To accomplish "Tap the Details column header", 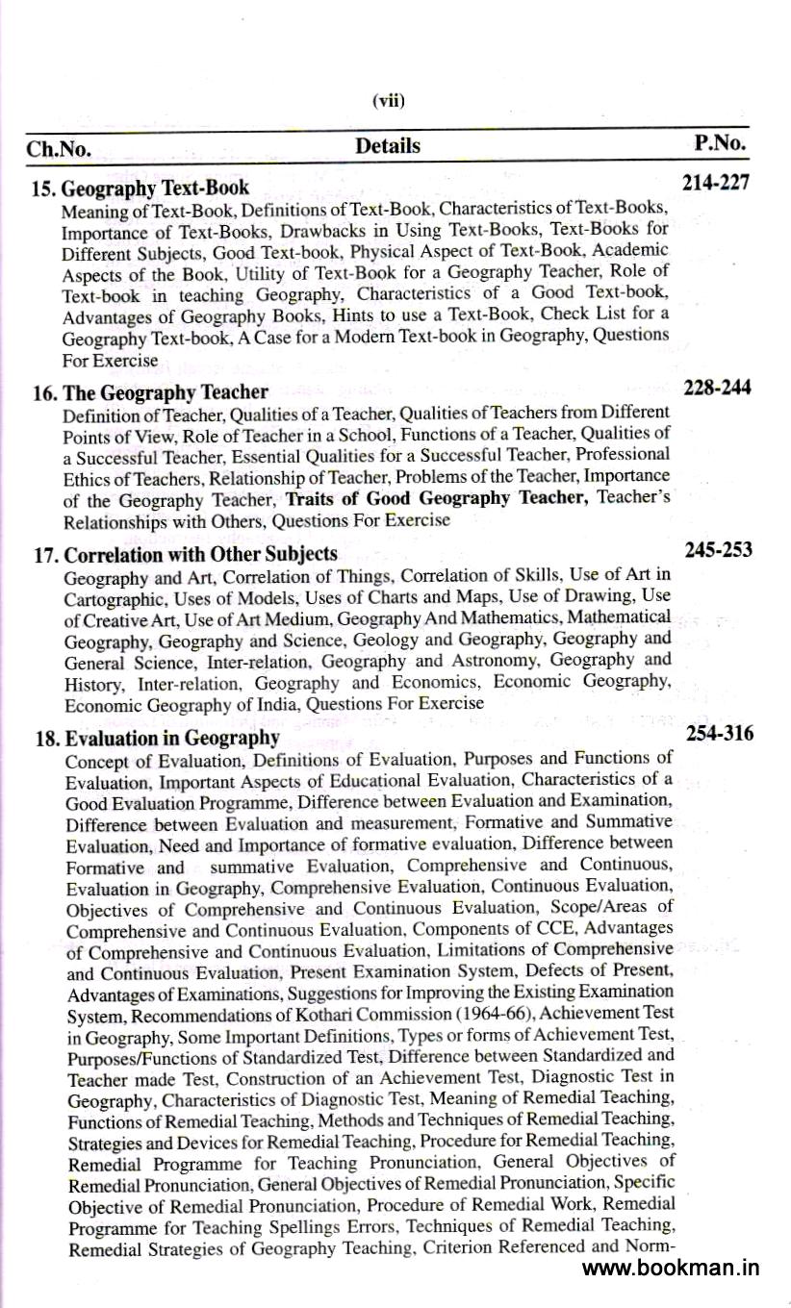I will pos(388,146).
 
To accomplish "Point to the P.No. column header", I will pos(720,143).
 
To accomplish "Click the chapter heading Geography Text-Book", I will pos(155,188).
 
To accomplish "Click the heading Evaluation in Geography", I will pos(171,738).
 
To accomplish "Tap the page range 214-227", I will pos(715,183).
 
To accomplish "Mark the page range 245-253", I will pos(718,550).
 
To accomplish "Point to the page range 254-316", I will pos(720,734).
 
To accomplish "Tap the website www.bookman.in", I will pos(671,1267).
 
